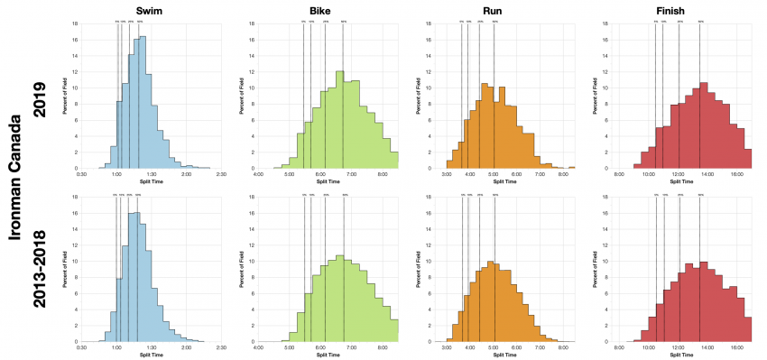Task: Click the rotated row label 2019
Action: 39,93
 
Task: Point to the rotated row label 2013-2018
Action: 39,268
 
